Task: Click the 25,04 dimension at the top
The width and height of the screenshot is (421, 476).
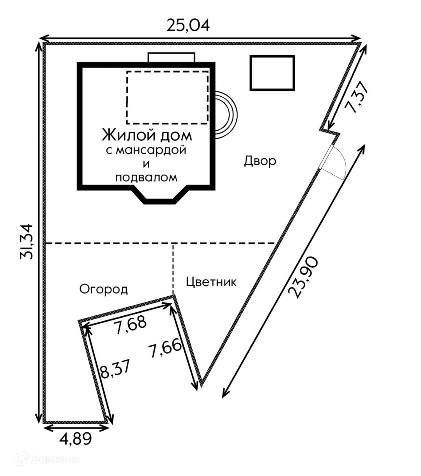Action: tap(188, 25)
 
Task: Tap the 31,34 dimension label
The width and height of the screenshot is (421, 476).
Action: tap(26, 241)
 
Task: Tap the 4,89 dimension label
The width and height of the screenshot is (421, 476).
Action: tap(76, 439)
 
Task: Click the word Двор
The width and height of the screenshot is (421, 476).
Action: tap(260, 161)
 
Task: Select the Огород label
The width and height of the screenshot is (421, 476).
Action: tap(104, 289)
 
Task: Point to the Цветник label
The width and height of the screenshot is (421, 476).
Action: tap(211, 281)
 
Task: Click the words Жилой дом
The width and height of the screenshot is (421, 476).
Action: tap(147, 135)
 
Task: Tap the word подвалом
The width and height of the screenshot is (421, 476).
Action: tap(146, 177)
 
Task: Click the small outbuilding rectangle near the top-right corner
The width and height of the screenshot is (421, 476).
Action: tap(272, 73)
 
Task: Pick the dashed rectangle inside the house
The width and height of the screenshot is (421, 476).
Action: tap(167, 97)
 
